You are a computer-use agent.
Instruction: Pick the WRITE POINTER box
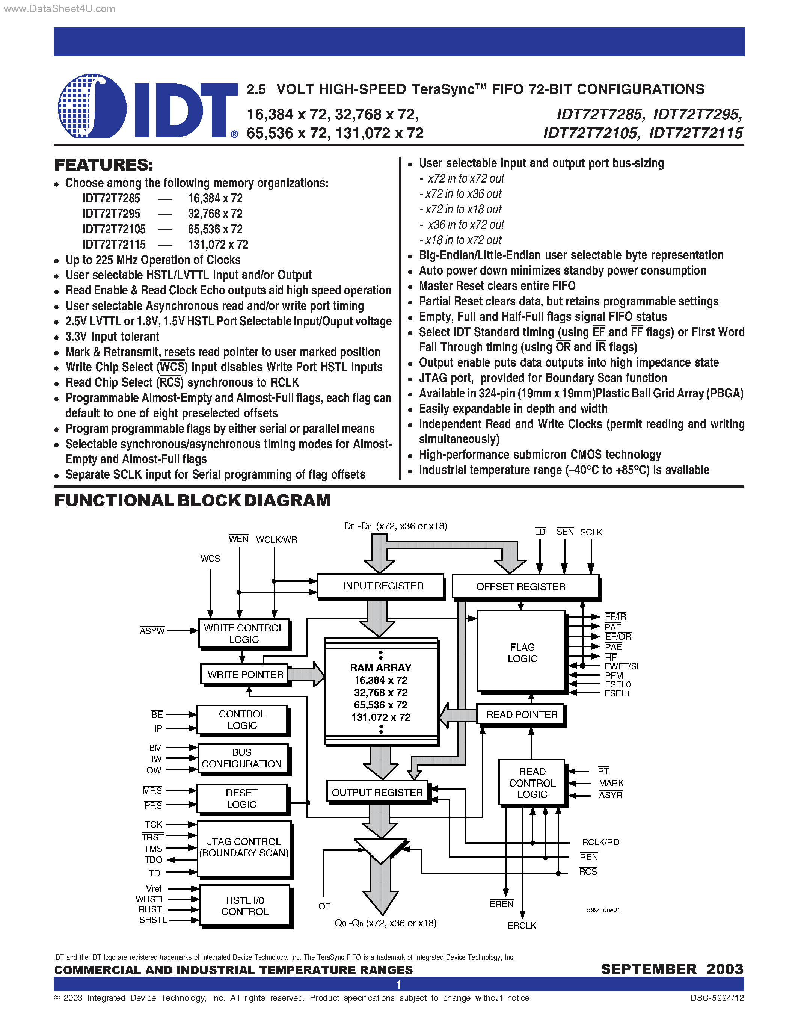(x=245, y=675)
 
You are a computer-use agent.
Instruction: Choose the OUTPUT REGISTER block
(x=377, y=792)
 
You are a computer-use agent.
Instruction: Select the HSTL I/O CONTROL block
(x=244, y=906)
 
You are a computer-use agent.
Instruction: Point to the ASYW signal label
(x=152, y=631)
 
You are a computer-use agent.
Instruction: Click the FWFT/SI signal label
(x=621, y=666)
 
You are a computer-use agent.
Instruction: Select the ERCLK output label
(x=522, y=926)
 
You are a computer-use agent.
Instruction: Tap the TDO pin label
(x=153, y=860)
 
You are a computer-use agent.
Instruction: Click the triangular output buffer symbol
(x=380, y=850)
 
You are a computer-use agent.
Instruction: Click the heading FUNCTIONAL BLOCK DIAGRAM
(x=192, y=500)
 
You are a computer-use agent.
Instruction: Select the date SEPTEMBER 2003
(x=672, y=969)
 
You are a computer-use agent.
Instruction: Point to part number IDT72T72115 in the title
(x=695, y=133)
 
